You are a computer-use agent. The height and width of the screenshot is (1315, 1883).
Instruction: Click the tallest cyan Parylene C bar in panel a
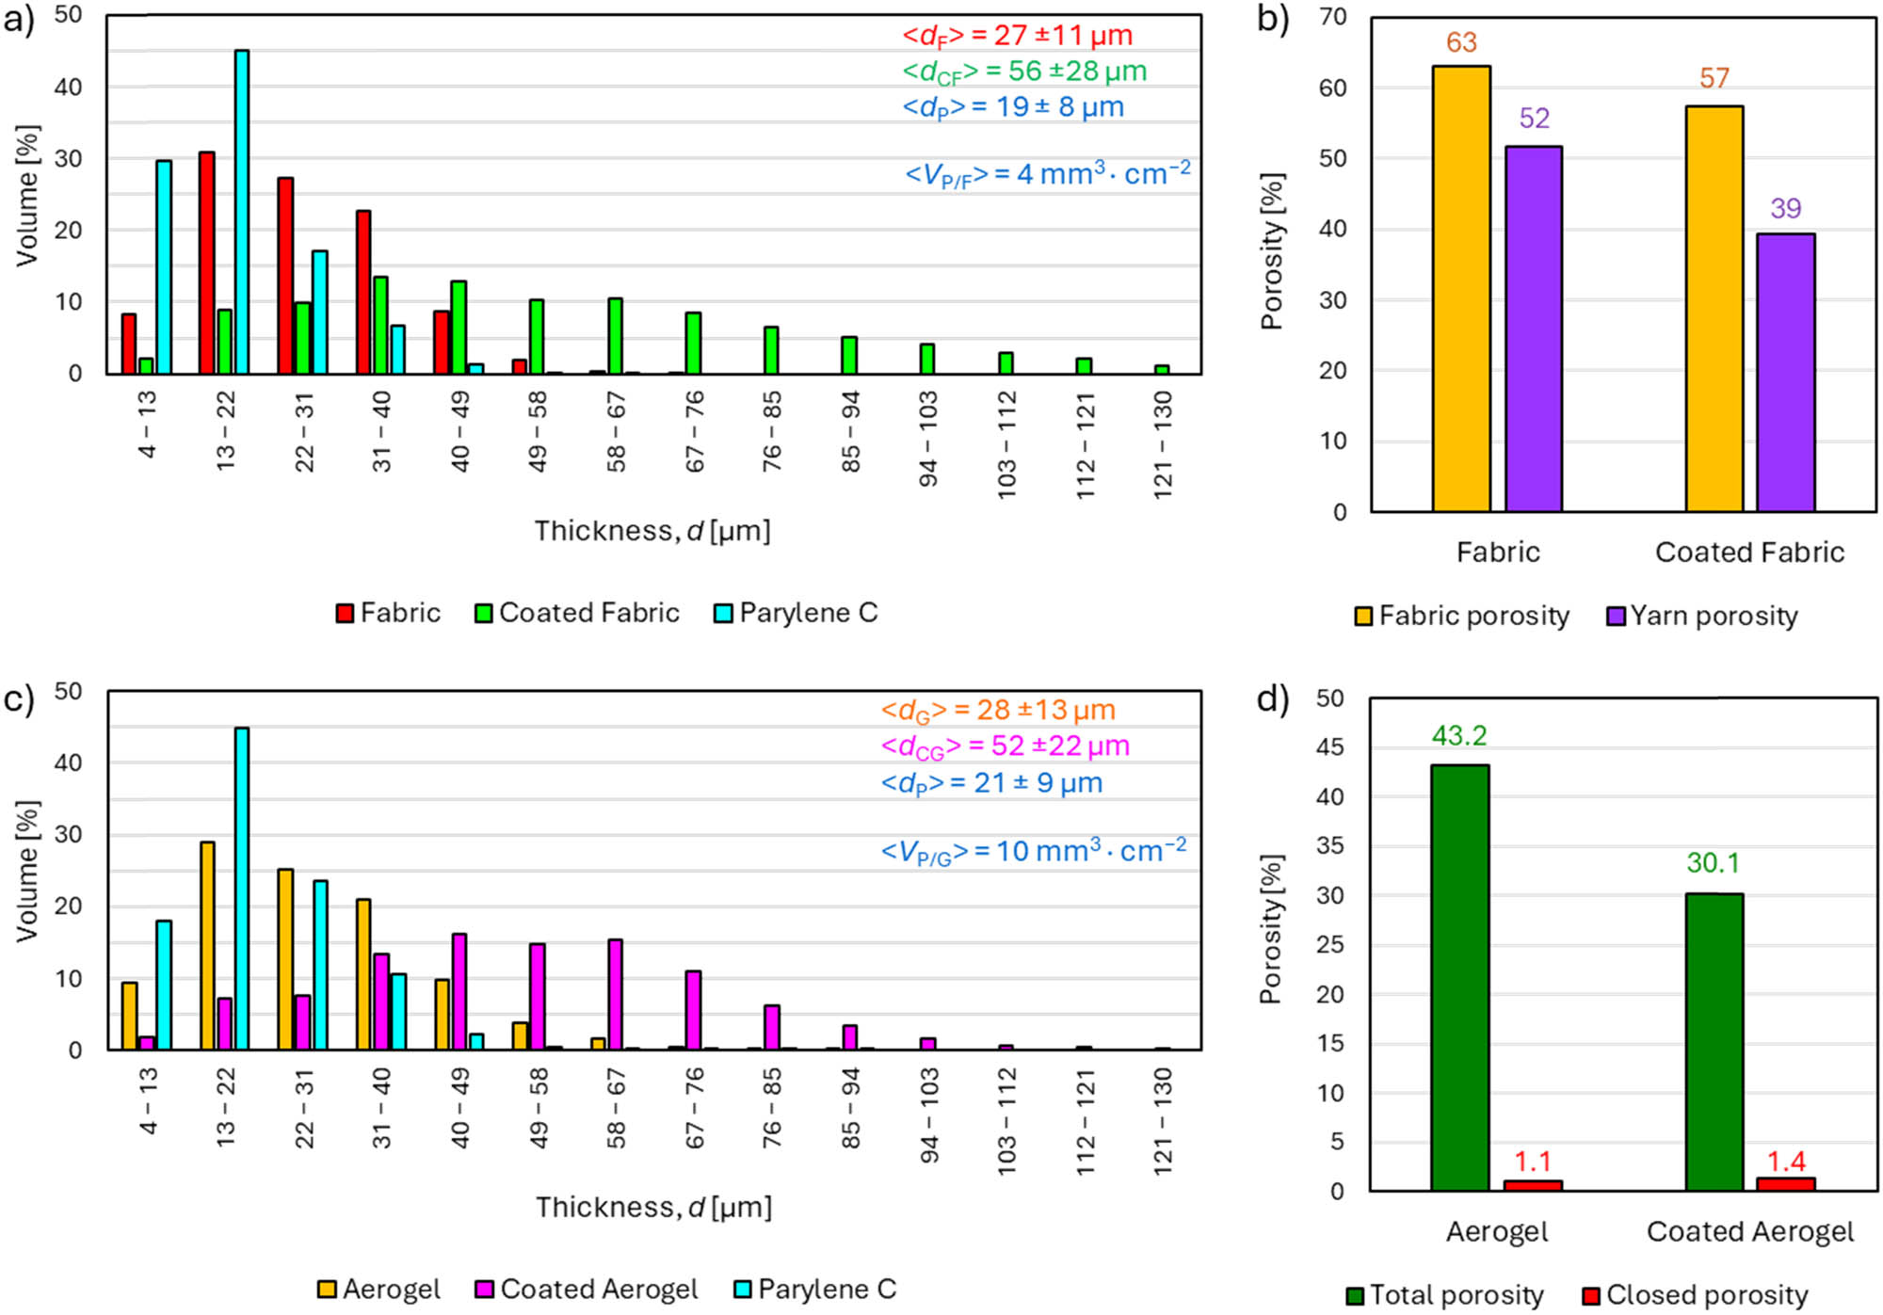pos(242,212)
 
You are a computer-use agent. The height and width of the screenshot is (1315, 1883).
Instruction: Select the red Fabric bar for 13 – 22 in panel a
pos(206,263)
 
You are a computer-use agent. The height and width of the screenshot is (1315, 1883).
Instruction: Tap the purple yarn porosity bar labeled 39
pos(1785,373)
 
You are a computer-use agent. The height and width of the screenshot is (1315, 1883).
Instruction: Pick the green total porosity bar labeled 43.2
pos(1459,978)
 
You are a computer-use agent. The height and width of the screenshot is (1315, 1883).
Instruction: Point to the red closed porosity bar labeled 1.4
pos(1785,1184)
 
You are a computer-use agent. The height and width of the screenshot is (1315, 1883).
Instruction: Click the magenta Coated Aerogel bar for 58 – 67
pos(615,994)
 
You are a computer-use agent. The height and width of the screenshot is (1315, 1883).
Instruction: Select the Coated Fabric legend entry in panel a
pos(577,613)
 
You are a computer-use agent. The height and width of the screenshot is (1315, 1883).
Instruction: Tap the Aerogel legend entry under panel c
pos(378,1289)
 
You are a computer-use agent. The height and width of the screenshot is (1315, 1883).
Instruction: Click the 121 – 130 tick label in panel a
pos(1163,444)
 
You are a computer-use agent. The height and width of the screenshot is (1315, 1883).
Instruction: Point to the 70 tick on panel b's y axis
pos(1333,17)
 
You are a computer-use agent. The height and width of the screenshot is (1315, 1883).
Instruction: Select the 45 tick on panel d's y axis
pos(1330,747)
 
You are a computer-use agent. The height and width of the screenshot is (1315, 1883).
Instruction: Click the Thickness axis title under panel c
pos(653,1207)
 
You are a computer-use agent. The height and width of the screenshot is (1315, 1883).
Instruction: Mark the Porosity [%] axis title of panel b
pos(1272,251)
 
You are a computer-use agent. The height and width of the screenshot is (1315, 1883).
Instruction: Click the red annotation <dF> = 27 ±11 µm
pos(1017,36)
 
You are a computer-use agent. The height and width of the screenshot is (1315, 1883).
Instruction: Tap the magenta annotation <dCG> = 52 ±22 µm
pos(1005,746)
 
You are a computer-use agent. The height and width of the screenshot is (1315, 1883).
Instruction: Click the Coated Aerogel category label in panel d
pos(1749,1231)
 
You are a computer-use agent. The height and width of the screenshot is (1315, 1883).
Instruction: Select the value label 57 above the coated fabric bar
pos(1714,78)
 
